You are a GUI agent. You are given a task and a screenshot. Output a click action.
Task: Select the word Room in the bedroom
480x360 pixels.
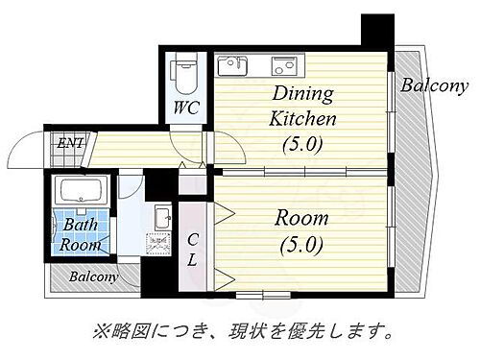pyautogui.click(x=303, y=218)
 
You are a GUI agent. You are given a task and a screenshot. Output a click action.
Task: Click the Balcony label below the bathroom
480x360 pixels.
pyautogui.click(x=93, y=277)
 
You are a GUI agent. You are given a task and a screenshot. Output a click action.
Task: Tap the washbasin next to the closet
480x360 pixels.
pyautogui.click(x=160, y=213)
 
